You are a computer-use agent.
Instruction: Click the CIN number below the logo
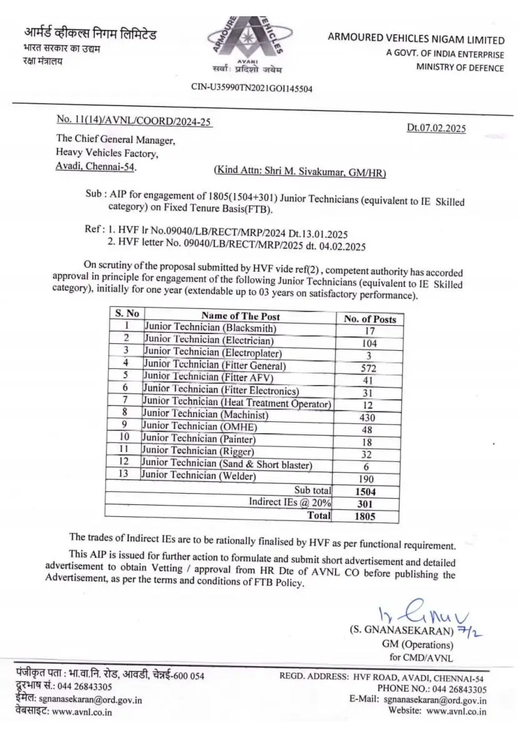click(x=252, y=89)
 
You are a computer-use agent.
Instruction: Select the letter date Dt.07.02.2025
click(x=436, y=128)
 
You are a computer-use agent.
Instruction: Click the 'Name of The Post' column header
click(x=240, y=316)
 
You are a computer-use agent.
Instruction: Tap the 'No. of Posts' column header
click(x=370, y=318)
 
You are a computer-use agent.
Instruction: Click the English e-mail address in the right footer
click(x=435, y=700)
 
